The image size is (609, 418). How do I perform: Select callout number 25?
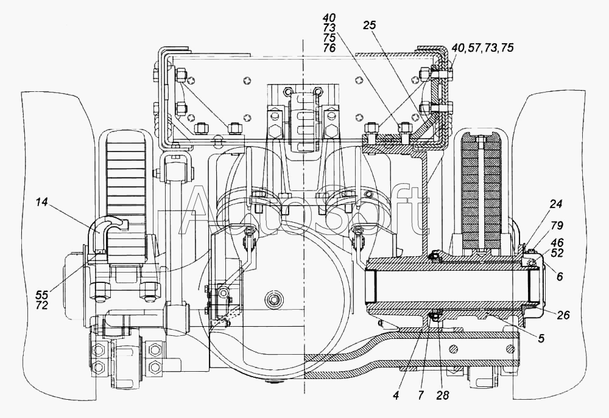[x=370, y=25]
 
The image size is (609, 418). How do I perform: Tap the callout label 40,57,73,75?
[x=483, y=47]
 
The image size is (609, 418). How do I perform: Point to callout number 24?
[x=557, y=203]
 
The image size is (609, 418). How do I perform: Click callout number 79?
[x=557, y=225]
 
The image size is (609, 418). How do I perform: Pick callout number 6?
[x=560, y=276]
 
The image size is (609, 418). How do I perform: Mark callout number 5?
[x=541, y=338]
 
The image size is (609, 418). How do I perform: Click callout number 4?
[x=396, y=395]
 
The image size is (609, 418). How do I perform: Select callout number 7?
[x=421, y=395]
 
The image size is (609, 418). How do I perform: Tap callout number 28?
[x=442, y=395]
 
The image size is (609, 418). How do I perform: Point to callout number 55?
[x=41, y=295]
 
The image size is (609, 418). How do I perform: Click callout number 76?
[x=329, y=47]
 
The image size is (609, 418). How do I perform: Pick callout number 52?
[x=557, y=253]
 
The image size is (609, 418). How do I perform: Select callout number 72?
[x=41, y=305]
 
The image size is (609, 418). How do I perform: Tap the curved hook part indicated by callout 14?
[x=104, y=229]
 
